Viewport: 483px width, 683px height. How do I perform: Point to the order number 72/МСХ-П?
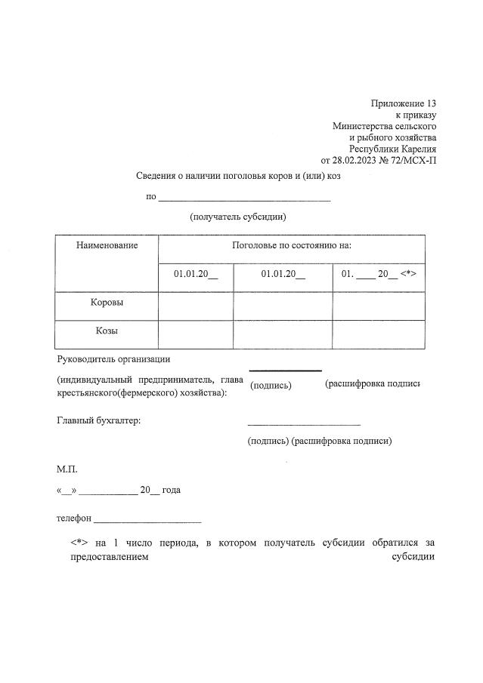coord(410,160)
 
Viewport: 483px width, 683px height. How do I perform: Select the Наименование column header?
coord(107,246)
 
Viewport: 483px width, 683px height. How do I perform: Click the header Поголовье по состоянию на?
coord(291,246)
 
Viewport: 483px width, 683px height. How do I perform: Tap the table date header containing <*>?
coord(379,274)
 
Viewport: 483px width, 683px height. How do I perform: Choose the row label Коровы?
coord(107,303)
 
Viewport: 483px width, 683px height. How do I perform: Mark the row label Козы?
coord(107,331)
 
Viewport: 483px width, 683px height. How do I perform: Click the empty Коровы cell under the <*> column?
coord(379,305)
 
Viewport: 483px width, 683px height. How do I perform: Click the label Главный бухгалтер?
coord(99,420)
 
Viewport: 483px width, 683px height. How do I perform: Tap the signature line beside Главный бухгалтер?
coord(304,424)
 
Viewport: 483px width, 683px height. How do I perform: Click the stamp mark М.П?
coord(67,469)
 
